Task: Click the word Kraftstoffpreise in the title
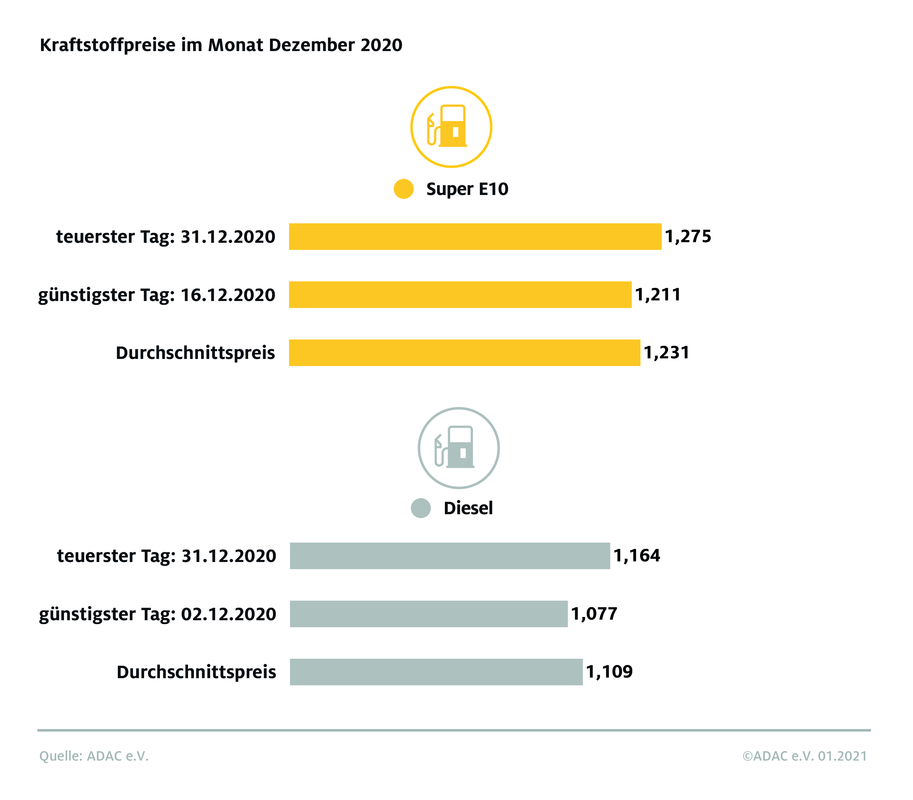tap(107, 45)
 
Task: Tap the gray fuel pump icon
tap(458, 448)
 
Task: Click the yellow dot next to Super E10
tap(403, 189)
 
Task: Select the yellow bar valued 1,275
tap(474, 237)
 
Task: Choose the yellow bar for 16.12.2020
tap(460, 294)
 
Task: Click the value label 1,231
tap(666, 352)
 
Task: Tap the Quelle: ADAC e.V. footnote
tap(94, 756)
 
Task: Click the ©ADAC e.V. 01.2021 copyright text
tap(804, 756)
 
